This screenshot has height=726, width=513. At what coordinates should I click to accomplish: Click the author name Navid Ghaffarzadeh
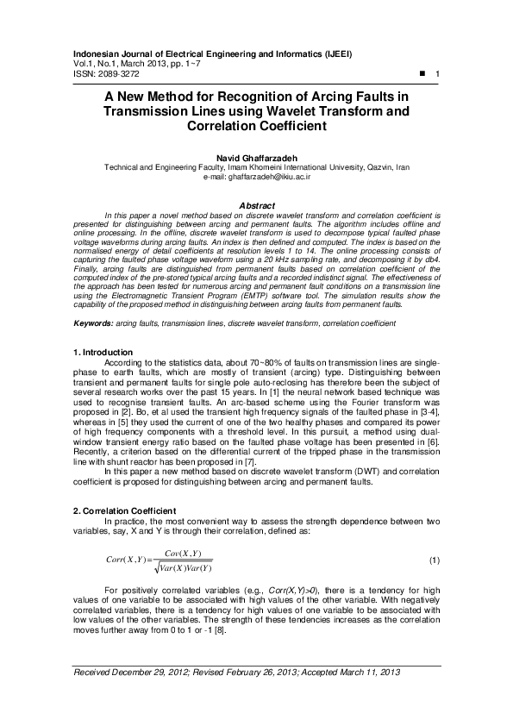pos(256,159)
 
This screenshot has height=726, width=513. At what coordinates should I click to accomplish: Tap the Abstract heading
pos(256,206)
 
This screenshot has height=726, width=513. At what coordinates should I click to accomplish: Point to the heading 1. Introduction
pos(102,352)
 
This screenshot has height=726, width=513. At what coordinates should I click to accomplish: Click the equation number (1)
pos(434,560)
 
